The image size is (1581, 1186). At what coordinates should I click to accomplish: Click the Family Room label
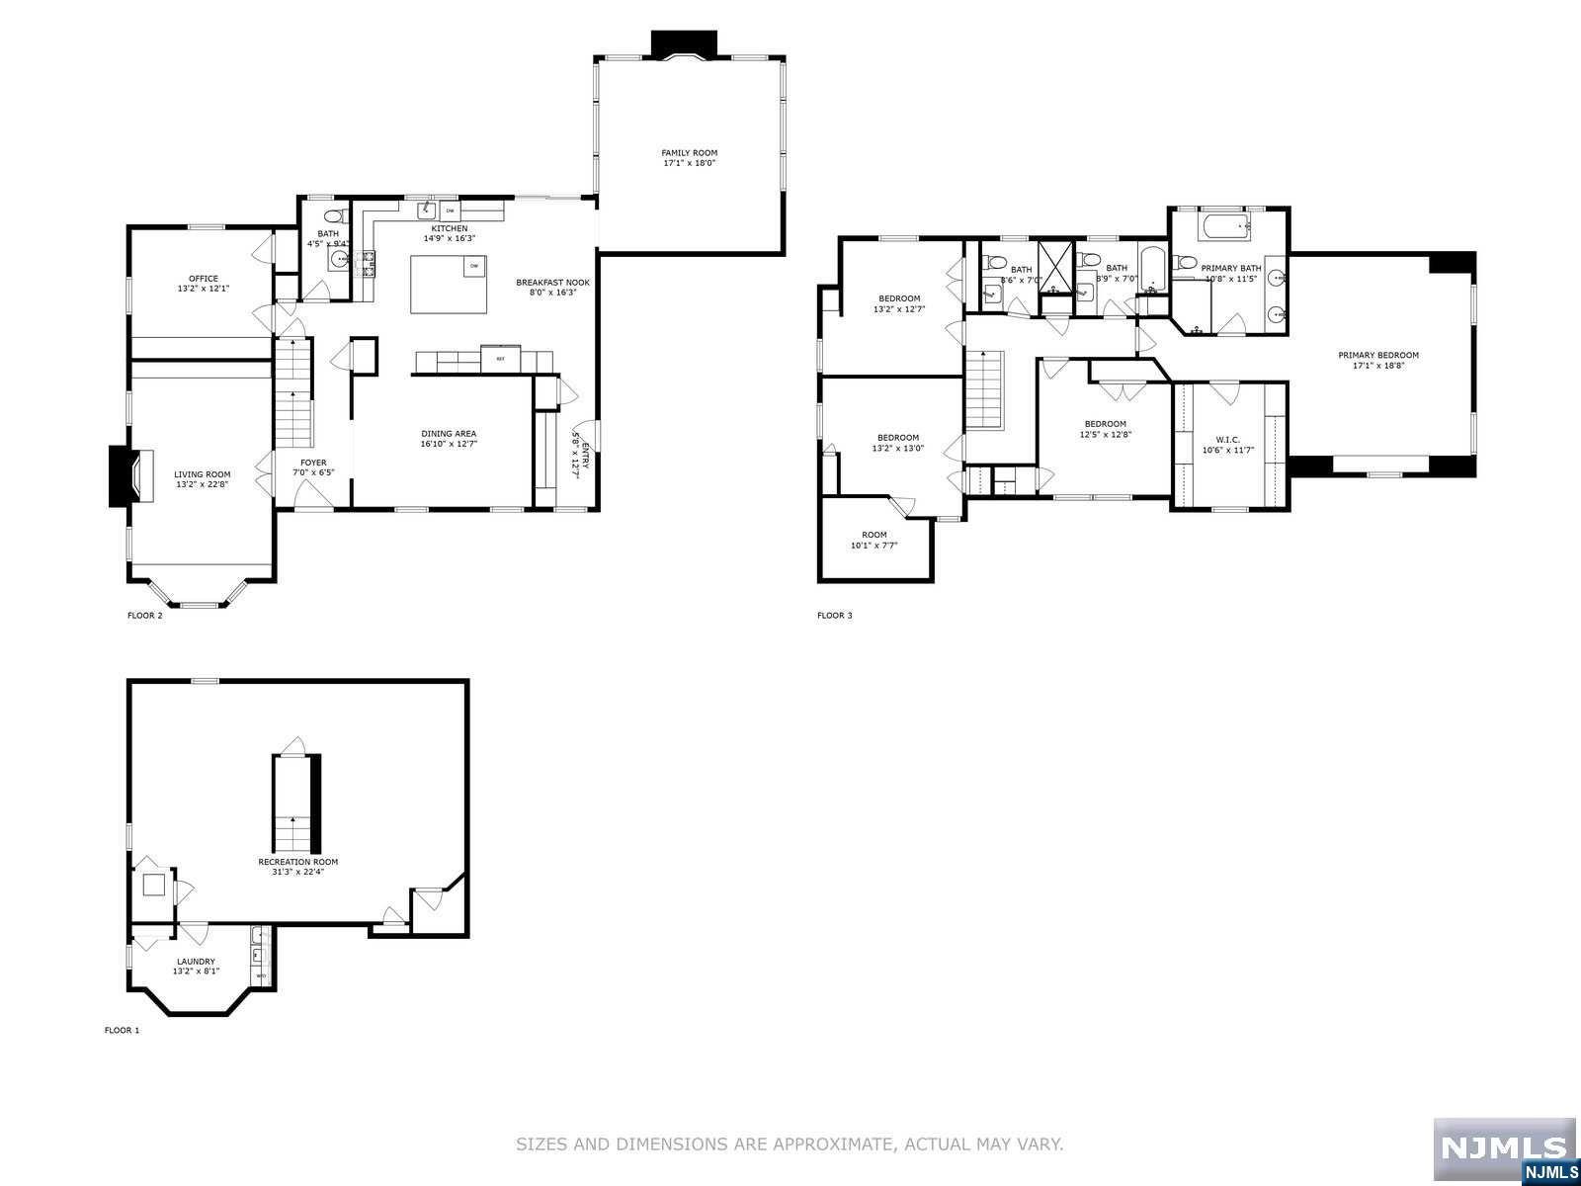point(689,153)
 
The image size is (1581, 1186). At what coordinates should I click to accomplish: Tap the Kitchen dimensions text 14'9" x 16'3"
point(450,238)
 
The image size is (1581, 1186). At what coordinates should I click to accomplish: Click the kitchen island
point(450,284)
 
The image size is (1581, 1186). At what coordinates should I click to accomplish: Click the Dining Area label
point(449,433)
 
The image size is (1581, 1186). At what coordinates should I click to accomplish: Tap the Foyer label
point(313,463)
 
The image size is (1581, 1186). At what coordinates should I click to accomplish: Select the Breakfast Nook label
point(552,283)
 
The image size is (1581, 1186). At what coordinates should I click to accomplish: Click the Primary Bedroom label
point(1377,355)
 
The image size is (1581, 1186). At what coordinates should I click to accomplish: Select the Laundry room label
point(196,962)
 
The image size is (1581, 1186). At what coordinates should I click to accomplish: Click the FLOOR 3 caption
point(834,616)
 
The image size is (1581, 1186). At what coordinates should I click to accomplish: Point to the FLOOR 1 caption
point(122,1030)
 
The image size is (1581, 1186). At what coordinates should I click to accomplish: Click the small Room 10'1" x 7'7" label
point(874,535)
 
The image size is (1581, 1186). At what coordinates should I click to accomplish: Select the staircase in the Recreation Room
point(292,804)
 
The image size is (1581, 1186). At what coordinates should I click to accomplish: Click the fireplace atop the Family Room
point(685,45)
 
